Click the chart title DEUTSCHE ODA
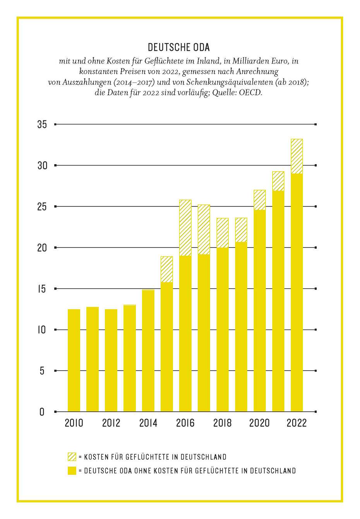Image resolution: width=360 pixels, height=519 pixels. [x=179, y=47]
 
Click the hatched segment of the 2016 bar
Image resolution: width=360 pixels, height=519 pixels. [x=185, y=228]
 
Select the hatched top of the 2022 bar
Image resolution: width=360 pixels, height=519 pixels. [x=297, y=156]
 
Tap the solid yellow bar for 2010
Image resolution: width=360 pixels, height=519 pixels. [x=74, y=360]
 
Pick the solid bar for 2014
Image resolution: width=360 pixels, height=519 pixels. [x=148, y=351]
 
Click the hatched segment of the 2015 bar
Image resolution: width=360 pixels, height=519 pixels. [x=167, y=270]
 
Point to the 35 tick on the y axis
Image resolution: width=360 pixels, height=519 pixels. [x=42, y=124]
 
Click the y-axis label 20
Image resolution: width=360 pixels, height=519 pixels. [x=42, y=248]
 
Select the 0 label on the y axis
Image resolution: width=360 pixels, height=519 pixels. [x=42, y=412]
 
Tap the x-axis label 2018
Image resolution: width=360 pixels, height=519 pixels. [x=222, y=423]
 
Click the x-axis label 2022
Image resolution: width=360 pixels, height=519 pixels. [x=297, y=423]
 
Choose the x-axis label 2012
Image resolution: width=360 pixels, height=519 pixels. [x=111, y=423]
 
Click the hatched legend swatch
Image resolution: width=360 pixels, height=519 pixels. [x=72, y=457]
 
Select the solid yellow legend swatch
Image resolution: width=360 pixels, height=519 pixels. [x=72, y=471]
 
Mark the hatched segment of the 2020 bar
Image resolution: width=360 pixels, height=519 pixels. [x=260, y=200]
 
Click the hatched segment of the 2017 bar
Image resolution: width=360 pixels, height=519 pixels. [x=204, y=230]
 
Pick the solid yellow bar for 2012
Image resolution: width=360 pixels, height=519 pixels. [x=111, y=360]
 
